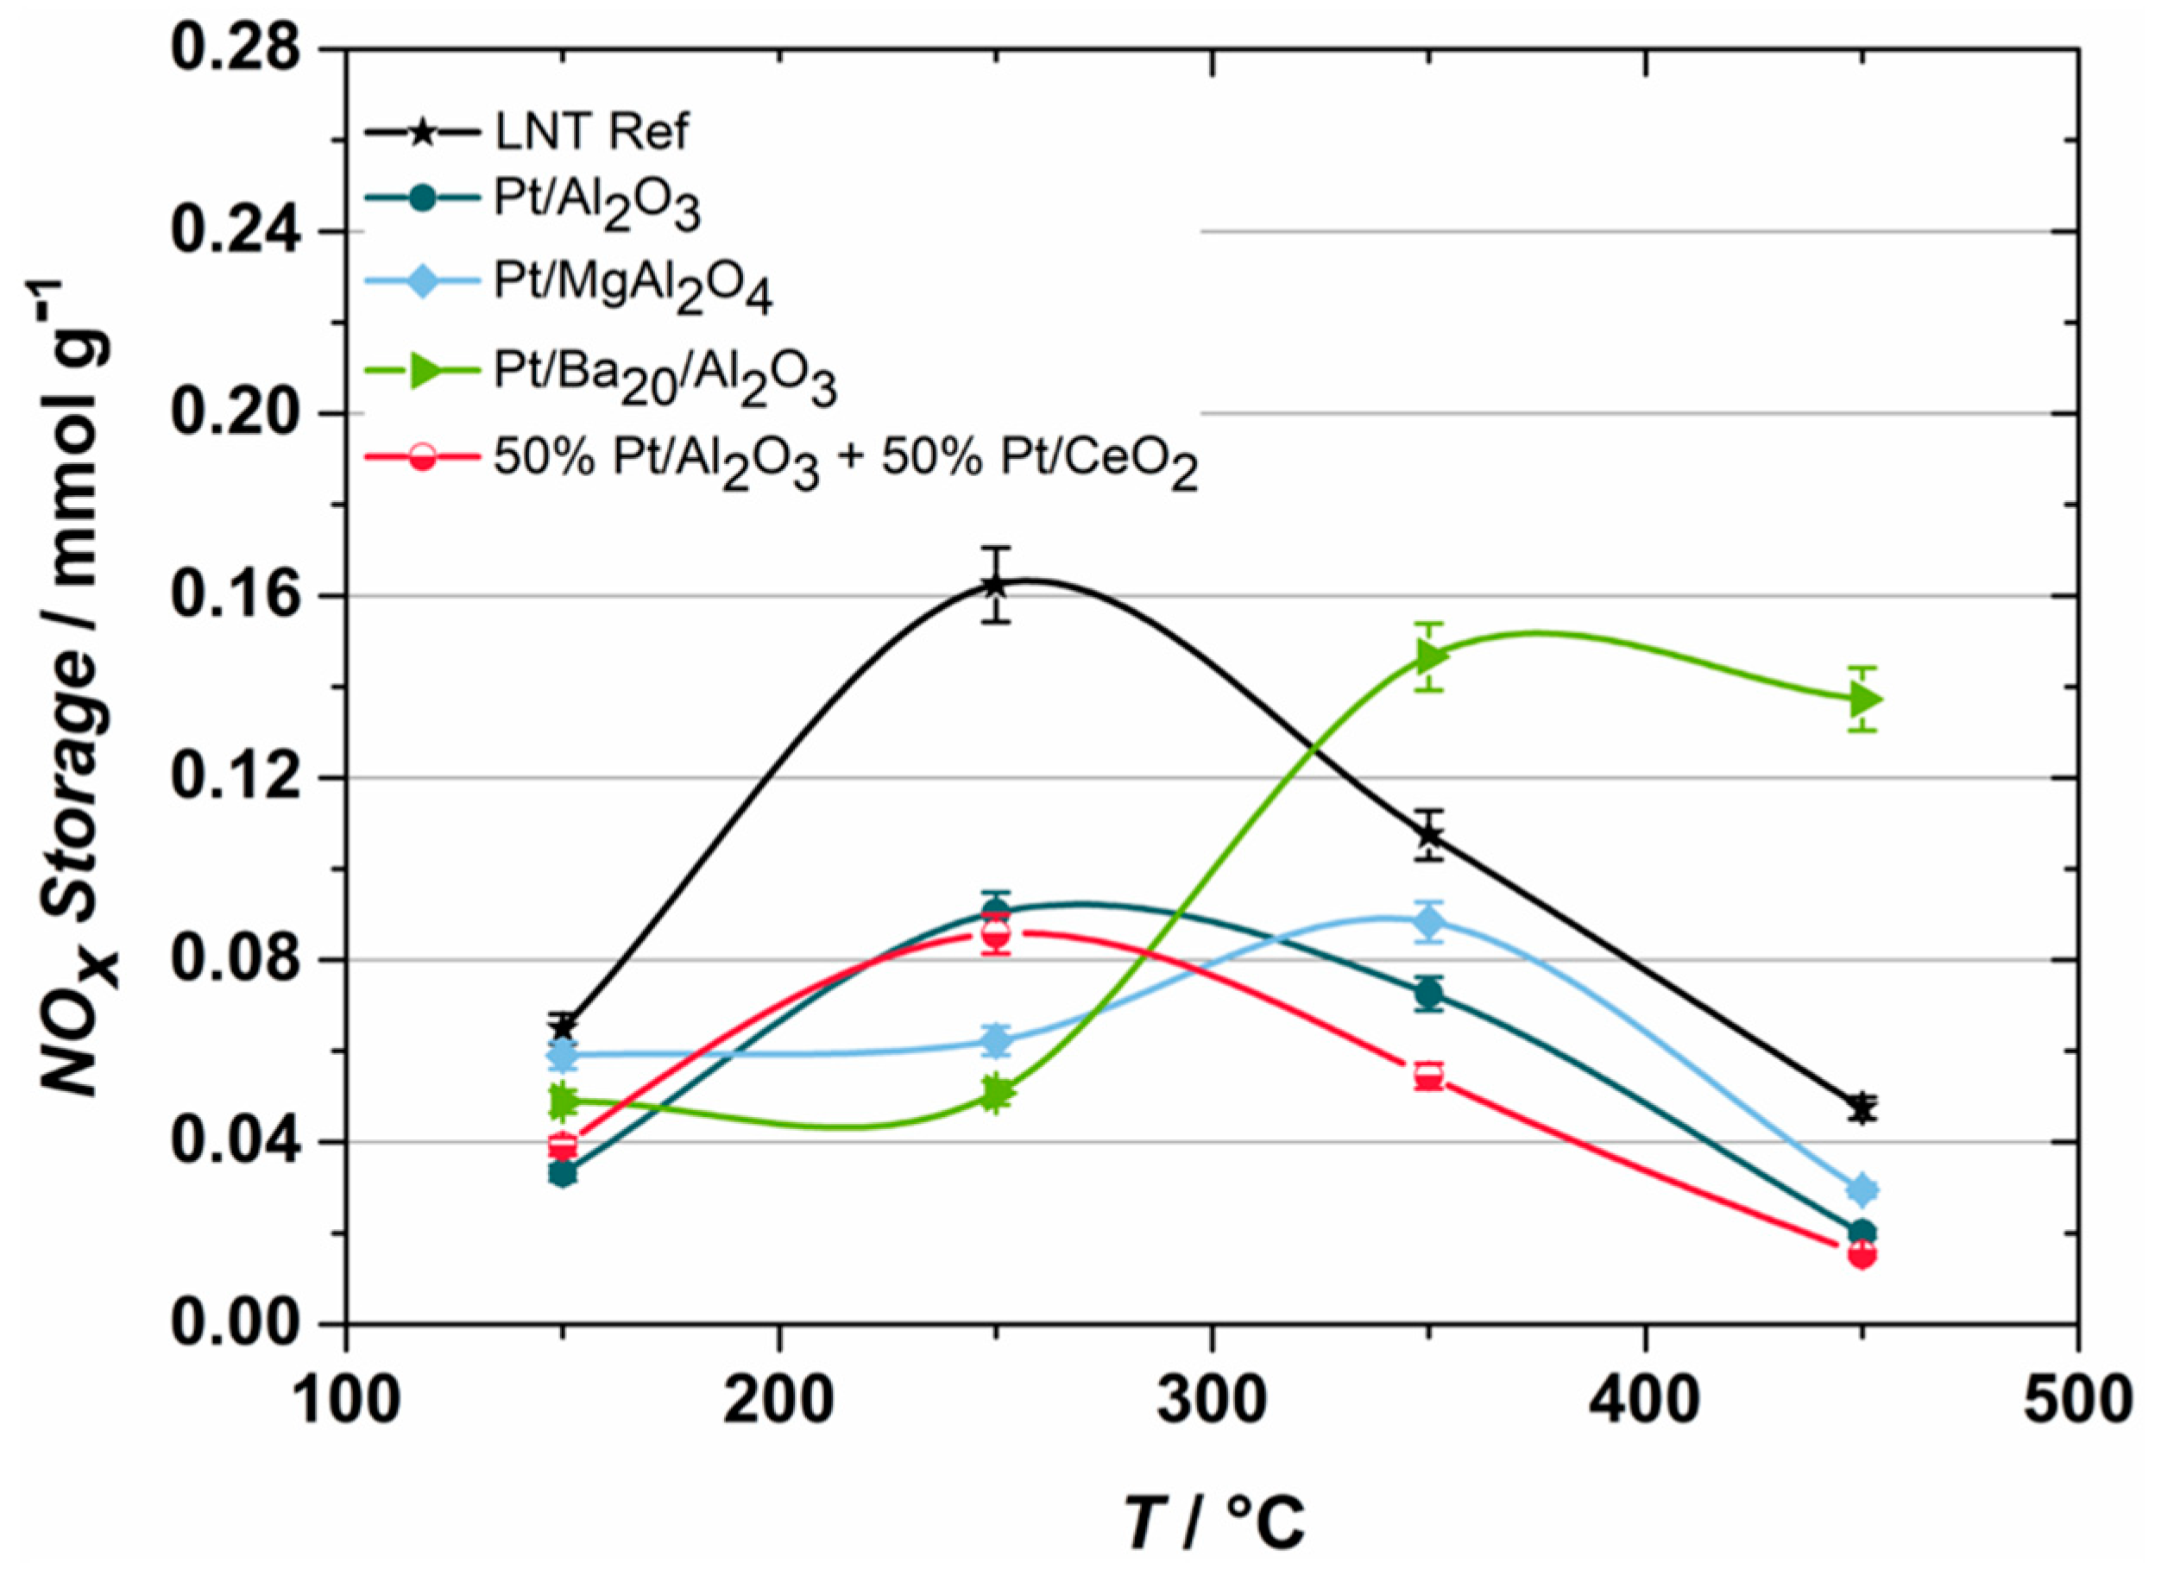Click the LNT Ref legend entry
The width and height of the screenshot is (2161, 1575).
click(x=591, y=133)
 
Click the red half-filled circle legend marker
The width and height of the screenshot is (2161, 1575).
click(x=423, y=456)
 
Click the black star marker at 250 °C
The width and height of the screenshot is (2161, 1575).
click(x=996, y=586)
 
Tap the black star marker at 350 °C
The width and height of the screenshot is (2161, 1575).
click(x=1428, y=835)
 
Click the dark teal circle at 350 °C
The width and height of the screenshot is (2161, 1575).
click(x=1428, y=995)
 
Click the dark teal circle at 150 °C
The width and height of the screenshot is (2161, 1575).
click(x=564, y=1174)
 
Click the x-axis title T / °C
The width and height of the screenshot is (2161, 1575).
click(x=1212, y=1522)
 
